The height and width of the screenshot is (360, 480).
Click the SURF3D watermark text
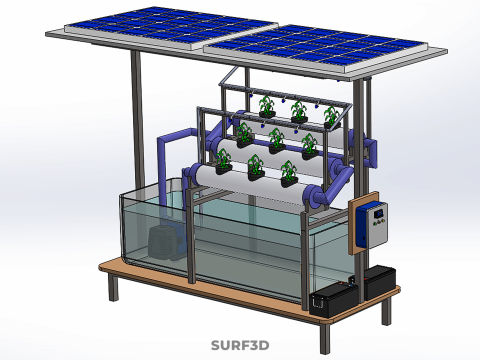240,345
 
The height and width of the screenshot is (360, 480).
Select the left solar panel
172,27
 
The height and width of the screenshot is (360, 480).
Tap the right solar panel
315,47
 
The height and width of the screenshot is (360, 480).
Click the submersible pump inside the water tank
166,241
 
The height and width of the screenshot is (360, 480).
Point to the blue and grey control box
372,224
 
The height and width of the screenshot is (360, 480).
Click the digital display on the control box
378,214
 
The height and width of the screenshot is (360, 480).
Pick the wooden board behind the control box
363,223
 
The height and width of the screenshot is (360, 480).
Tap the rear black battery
379,282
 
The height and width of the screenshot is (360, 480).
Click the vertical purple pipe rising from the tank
163,172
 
